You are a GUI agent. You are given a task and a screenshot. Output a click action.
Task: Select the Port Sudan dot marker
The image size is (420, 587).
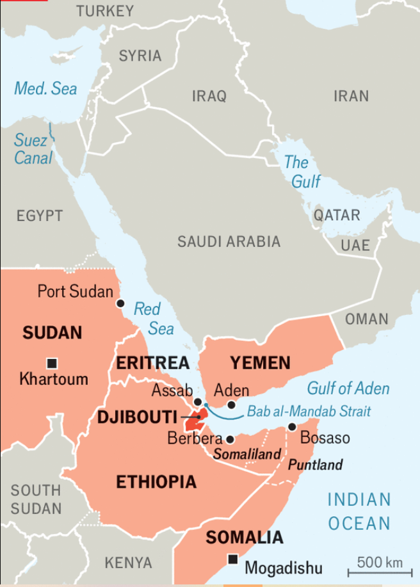pyautogui.click(x=119, y=303)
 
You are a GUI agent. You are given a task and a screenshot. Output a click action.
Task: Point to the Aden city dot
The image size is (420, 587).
pyautogui.click(x=232, y=405)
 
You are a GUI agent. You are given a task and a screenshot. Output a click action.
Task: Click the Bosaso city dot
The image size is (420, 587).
pyautogui.click(x=292, y=426)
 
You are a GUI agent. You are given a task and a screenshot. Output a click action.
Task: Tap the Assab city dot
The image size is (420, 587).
pyautogui.click(x=198, y=402)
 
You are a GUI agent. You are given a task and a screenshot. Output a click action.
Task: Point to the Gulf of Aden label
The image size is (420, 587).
pyautogui.click(x=348, y=388)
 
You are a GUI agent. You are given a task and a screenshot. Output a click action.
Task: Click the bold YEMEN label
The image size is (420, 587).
pyautogui.click(x=260, y=364)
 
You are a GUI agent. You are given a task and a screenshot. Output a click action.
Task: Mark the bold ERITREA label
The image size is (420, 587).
pyautogui.click(x=152, y=364)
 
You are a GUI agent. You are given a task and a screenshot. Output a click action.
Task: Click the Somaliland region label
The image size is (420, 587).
pyautogui.click(x=247, y=454)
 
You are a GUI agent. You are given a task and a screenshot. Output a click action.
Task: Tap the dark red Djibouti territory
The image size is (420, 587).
pyautogui.click(x=193, y=422)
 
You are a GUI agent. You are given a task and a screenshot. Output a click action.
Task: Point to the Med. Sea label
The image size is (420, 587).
pyautogui.click(x=45, y=88)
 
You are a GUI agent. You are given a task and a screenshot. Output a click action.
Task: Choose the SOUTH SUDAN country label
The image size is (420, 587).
pyautogui.click(x=36, y=500)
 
